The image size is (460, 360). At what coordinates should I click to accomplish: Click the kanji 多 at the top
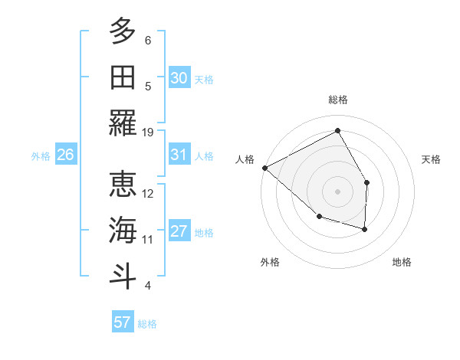[123, 31]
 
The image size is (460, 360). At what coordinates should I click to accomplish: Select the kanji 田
[123, 77]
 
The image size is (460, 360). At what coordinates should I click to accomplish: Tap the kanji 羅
[123, 123]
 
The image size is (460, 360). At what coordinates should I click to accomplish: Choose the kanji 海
[123, 230]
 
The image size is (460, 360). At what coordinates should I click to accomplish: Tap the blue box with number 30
[179, 78]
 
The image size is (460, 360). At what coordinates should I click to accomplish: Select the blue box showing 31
[179, 155]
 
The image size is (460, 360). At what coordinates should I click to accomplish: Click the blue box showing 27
[179, 232]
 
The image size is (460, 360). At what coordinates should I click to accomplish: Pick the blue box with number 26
[65, 155]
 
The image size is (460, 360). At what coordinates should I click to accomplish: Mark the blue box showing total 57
[122, 322]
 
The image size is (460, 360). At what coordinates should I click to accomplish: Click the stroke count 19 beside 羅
[148, 132]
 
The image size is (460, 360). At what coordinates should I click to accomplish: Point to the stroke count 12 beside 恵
[148, 194]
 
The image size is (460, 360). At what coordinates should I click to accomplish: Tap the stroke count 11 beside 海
[148, 240]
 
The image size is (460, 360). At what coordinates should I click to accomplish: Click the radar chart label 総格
[337, 100]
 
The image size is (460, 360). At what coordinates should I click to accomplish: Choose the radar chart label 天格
[432, 159]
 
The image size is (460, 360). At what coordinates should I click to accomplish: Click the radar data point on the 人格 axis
[264, 168]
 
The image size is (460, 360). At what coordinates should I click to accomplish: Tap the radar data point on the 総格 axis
[337, 131]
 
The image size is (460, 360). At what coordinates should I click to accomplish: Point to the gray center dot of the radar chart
[337, 191]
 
